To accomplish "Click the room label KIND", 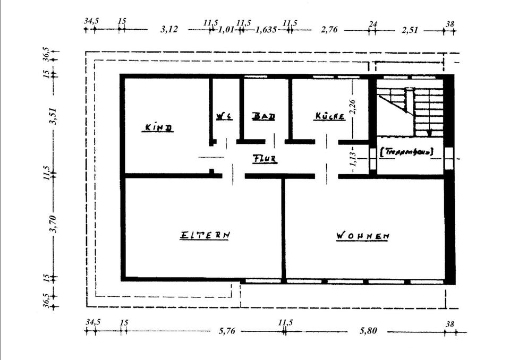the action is coord(158,128).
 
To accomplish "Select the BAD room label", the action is coord(263,116).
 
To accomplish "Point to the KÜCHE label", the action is coord(330,116).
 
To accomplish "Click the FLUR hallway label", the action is coord(265,158).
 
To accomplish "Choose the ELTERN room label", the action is coord(205,234).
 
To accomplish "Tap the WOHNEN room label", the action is coord(363,235).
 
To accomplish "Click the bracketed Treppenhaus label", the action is coord(407,152).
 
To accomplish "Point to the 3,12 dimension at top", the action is coord(169,30).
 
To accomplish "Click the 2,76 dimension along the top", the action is coord(329,30).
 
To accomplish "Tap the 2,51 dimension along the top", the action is coord(410,30).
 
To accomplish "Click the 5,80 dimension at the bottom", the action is coord(368,331).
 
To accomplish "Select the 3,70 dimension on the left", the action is coord(53,222).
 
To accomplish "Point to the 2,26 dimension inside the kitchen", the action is coord(352,106).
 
